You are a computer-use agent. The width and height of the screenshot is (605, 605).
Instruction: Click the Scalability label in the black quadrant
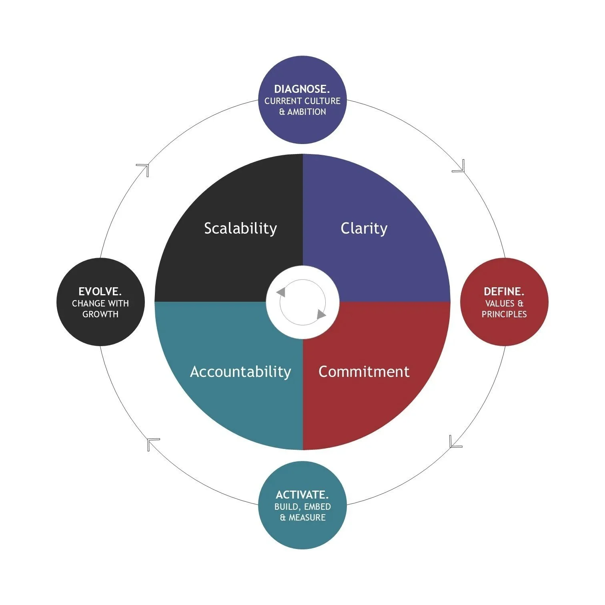pos(240,228)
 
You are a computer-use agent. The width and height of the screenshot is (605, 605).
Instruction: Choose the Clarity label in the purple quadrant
pos(364,228)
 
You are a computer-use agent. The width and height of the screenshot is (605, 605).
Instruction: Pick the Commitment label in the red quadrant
pos(364,371)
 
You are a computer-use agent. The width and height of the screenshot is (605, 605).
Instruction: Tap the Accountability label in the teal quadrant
pos(240,371)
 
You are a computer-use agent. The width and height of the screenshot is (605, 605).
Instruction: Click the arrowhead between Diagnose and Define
pos(460,167)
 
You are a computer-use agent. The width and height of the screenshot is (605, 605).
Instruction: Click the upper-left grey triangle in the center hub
pos(281,292)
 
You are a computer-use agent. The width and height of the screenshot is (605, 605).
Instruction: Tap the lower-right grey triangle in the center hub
pos(321,315)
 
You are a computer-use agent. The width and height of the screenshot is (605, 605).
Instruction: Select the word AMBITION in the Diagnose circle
pos(307,112)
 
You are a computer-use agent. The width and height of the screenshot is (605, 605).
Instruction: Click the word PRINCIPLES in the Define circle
pos(504,314)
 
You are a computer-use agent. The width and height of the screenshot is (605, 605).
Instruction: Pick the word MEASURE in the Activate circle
pos(307,517)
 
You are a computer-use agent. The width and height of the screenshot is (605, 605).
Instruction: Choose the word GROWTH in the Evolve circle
pos(100,314)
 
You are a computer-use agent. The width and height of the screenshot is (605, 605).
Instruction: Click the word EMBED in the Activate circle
pos(317,507)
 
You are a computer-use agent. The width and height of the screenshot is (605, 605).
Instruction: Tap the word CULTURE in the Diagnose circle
pos(321,101)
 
